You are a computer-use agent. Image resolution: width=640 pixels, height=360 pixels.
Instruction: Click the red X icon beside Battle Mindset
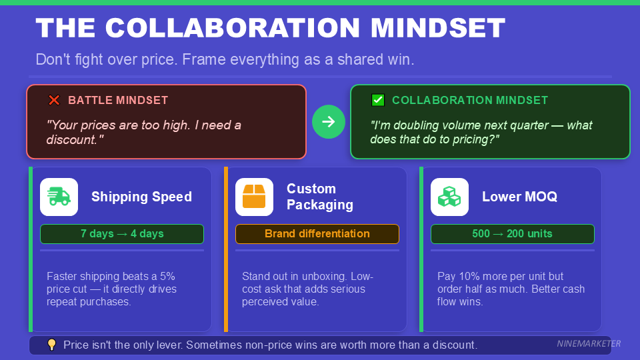pos(54,101)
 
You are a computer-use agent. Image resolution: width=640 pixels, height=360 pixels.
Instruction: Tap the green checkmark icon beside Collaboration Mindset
pos(378,101)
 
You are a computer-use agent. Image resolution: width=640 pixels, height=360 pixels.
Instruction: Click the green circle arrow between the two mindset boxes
pos(329,121)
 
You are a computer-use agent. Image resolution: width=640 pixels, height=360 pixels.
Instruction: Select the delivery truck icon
pos(59,197)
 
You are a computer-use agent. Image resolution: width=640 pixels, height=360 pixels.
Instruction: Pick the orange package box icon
pos(254,197)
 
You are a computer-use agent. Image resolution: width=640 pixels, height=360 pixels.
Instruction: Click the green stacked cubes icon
pos(449,197)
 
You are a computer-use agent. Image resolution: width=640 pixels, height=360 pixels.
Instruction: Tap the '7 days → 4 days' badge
pos(122,234)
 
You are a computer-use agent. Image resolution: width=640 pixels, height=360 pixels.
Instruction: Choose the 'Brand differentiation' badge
pos(317,234)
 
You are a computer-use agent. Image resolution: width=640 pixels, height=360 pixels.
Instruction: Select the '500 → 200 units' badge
pos(512,234)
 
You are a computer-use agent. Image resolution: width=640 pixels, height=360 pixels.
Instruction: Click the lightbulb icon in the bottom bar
pos(51,345)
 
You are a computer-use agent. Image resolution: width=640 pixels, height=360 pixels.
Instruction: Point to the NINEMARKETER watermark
pos(589,344)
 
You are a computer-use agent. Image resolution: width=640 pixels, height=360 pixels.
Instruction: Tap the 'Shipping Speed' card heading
pos(141,197)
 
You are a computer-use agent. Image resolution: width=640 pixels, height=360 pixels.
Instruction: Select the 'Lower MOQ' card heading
pos(519,197)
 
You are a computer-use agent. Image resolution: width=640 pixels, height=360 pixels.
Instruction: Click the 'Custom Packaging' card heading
pos(320,197)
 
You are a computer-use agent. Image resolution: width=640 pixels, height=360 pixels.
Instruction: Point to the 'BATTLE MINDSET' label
pos(118,101)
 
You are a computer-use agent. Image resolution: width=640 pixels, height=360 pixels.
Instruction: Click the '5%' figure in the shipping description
pos(166,276)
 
